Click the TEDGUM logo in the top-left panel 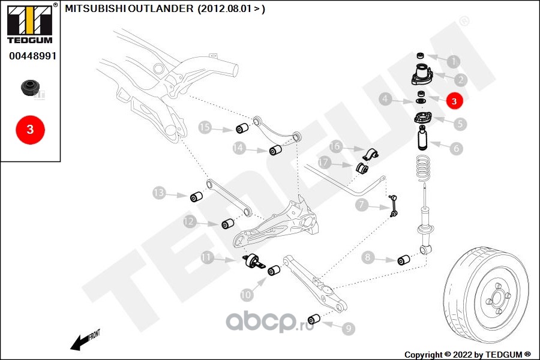[x=30, y=23]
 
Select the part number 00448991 [x=33, y=56]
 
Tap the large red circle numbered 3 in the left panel [x=31, y=130]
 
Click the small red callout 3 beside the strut [x=454, y=101]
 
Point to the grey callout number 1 [x=454, y=61]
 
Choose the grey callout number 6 [x=457, y=148]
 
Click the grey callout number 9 [x=348, y=328]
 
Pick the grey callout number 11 [x=206, y=257]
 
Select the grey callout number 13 [x=159, y=193]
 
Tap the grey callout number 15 [x=205, y=127]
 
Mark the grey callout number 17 [x=324, y=162]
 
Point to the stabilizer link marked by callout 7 [x=393, y=206]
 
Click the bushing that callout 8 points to [x=404, y=260]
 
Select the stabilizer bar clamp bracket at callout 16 [x=370, y=154]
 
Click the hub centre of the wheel [x=497, y=296]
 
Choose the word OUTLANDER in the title [x=161, y=8]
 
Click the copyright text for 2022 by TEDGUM [x=467, y=355]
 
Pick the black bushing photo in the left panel [x=31, y=88]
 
